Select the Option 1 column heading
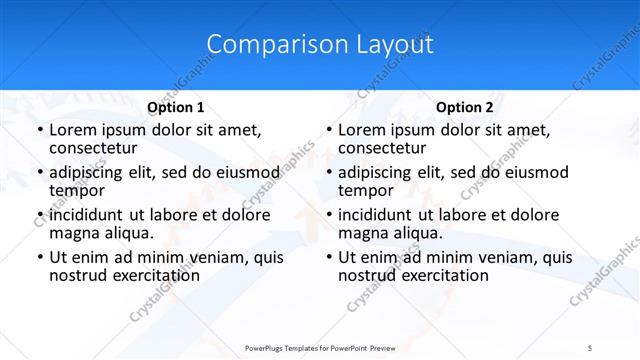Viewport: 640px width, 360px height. pyautogui.click(x=175, y=107)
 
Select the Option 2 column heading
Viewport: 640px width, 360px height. pyautogui.click(x=464, y=107)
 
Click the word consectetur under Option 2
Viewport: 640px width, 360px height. pyautogui.click(x=385, y=148)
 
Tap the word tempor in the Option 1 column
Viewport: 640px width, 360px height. pyautogui.click(x=77, y=190)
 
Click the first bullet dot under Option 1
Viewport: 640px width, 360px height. pyautogui.click(x=39, y=131)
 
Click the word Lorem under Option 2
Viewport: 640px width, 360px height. pyautogui.click(x=361, y=130)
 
